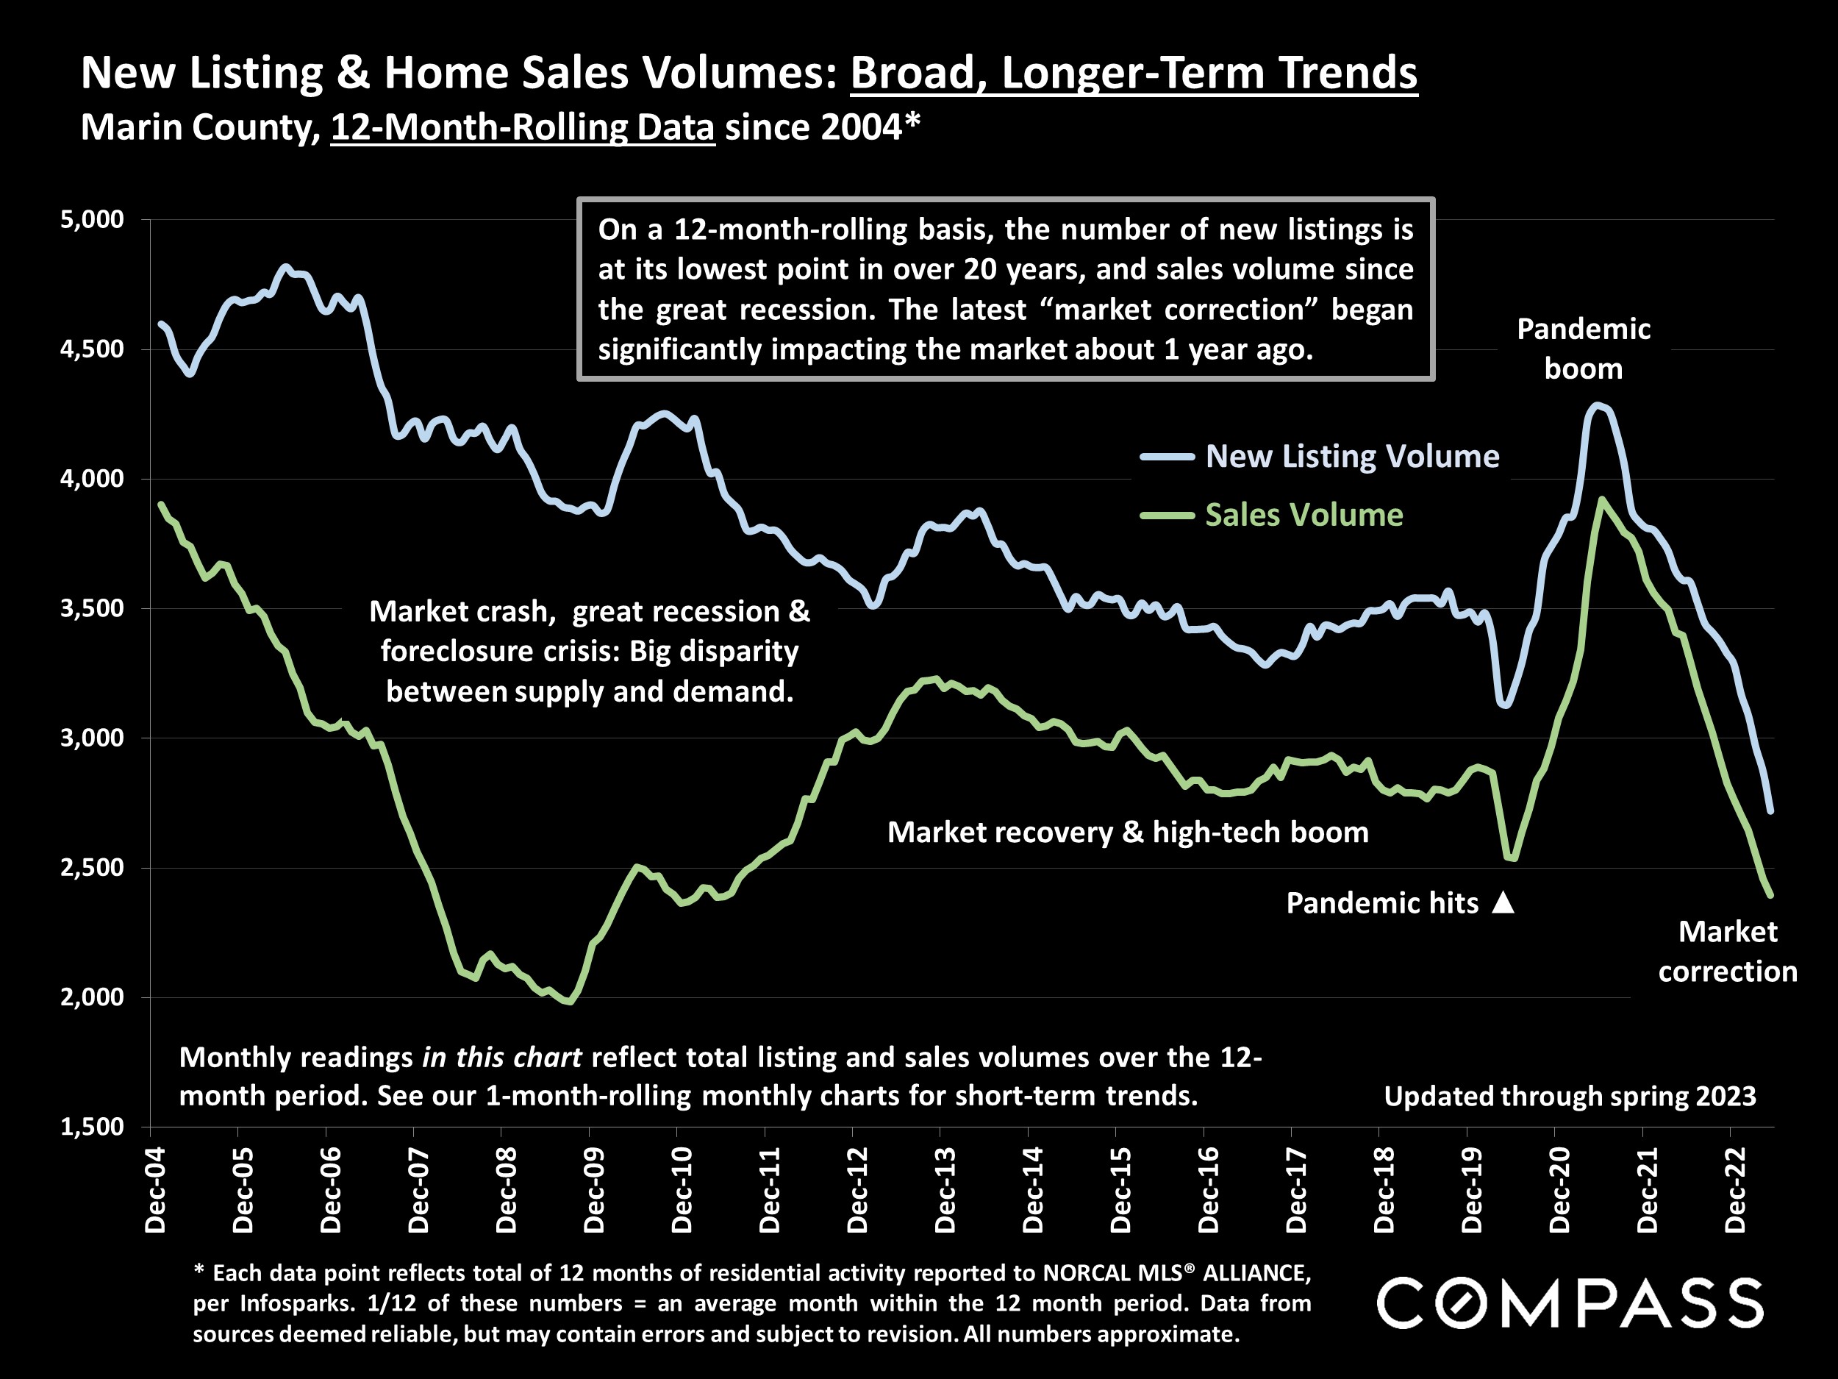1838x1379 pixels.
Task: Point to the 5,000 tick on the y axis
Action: (x=91, y=219)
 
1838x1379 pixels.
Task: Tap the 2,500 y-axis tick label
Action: (x=91, y=868)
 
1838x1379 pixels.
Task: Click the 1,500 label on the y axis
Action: (x=91, y=1127)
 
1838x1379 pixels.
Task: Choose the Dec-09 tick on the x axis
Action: (x=593, y=1189)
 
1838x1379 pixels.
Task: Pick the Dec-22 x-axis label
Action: (x=1735, y=1189)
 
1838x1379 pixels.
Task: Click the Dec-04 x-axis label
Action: (x=154, y=1189)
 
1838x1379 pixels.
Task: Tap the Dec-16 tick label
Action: (x=1208, y=1189)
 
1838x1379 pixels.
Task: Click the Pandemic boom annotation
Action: (x=1583, y=349)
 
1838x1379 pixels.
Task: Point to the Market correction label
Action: (x=1728, y=952)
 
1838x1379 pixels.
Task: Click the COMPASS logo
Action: (x=1570, y=1303)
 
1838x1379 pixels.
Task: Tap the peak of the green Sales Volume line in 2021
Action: (x=1601, y=499)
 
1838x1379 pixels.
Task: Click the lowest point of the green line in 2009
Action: (x=570, y=1002)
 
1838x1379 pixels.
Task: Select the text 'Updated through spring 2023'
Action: (x=1570, y=1097)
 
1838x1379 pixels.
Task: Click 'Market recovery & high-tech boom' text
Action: (x=1128, y=832)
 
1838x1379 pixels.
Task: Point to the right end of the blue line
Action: (x=1770, y=810)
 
